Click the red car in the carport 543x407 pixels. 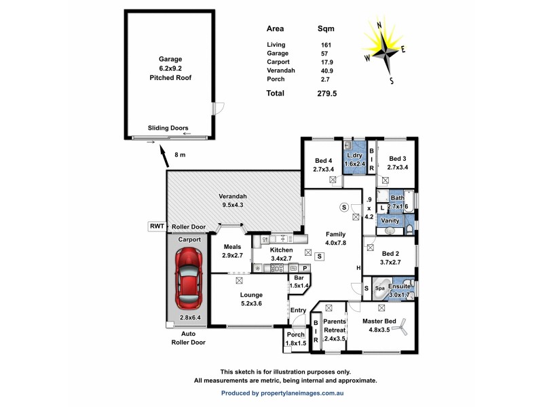pos(187,277)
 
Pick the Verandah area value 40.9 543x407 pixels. pos(326,70)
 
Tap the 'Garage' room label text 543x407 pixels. pos(170,59)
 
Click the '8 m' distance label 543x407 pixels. pos(180,155)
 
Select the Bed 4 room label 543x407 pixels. pos(323,161)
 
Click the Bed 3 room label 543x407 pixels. pos(396,158)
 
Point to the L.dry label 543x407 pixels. pos(355,155)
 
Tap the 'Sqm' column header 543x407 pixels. pos(326,29)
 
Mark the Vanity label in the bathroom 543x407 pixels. pos(390,220)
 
